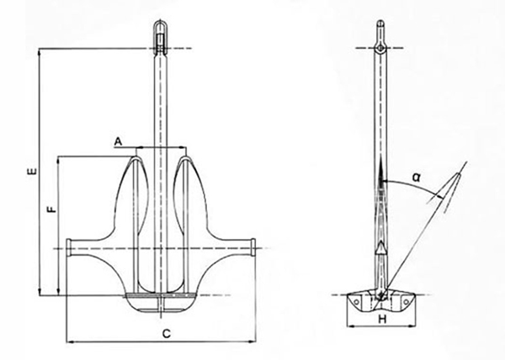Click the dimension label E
[x=30, y=172]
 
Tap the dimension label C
[x=167, y=333]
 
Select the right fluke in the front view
[x=189, y=198]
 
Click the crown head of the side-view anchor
[x=380, y=295]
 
